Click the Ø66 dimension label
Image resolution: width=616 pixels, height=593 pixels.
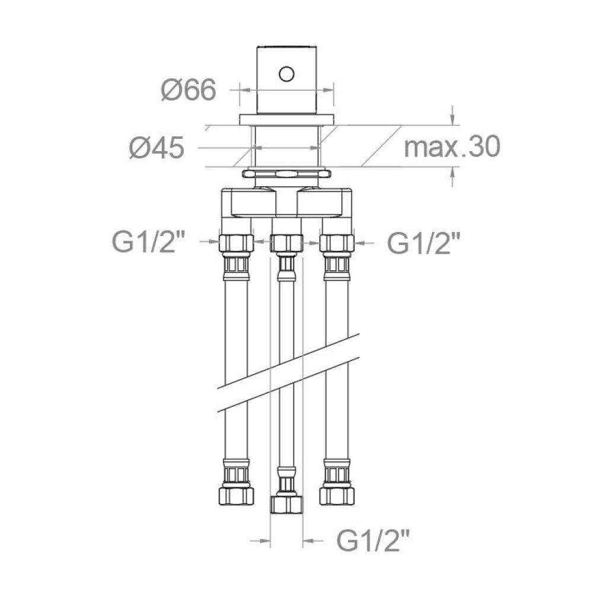(x=188, y=91)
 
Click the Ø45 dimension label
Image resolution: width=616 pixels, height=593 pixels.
(x=157, y=148)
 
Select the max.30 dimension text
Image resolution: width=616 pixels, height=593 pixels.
(x=452, y=146)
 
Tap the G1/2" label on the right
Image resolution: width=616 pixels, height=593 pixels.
(x=423, y=243)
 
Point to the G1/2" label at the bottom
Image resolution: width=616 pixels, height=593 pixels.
(x=374, y=540)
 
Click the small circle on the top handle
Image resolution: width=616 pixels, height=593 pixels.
(x=287, y=74)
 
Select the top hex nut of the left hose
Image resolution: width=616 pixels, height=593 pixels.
(x=237, y=243)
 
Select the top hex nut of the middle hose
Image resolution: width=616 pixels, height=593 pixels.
(x=286, y=243)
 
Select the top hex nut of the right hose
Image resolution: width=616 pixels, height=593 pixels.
(x=337, y=243)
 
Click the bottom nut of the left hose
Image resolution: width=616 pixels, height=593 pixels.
(x=237, y=495)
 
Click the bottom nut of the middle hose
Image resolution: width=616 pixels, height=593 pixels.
(x=286, y=505)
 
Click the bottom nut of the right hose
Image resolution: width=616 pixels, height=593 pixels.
(x=337, y=495)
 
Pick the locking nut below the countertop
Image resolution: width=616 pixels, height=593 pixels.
(x=287, y=174)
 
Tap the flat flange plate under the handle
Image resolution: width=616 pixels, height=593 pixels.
(x=287, y=119)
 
